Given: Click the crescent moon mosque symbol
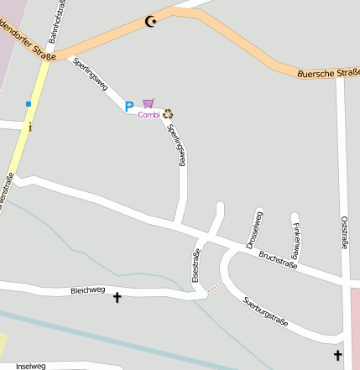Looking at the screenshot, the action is click(x=151, y=21).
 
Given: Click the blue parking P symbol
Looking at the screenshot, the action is click(x=129, y=107).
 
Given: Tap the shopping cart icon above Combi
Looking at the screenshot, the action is click(x=149, y=102).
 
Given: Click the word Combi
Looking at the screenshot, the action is click(x=149, y=115).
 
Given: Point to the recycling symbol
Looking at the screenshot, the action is click(x=168, y=113).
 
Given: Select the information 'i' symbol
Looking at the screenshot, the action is click(x=31, y=128).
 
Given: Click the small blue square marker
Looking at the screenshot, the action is click(x=29, y=104).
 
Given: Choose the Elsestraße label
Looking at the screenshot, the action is click(x=196, y=264).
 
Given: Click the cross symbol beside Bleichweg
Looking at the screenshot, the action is click(x=117, y=296).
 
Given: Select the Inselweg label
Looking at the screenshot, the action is click(x=31, y=366).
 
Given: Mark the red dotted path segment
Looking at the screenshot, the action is click(x=216, y=288).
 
